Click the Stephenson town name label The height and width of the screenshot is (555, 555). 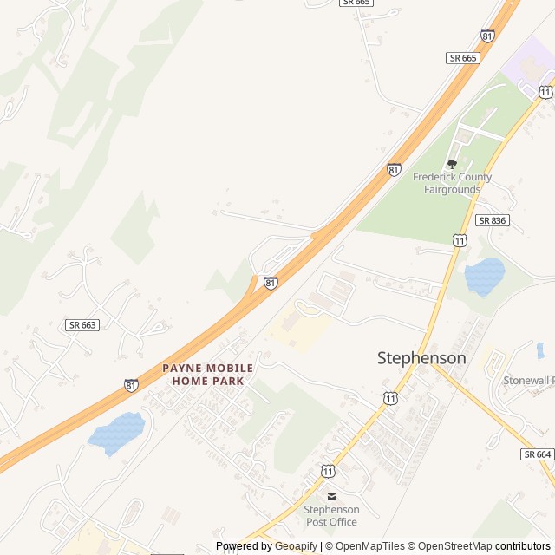(x=421, y=357)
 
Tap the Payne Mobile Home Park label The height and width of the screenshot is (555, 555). (x=208, y=375)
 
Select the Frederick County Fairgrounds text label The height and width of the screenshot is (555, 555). (x=452, y=183)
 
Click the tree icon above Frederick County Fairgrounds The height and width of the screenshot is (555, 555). (x=452, y=164)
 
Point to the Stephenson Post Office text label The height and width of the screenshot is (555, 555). (x=330, y=516)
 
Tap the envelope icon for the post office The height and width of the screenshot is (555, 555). (x=330, y=496)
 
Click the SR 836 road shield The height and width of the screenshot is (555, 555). (x=492, y=220)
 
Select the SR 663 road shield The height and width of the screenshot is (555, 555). (x=82, y=324)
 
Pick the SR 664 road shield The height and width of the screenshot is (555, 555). (x=538, y=454)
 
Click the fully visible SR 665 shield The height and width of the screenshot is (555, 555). (x=463, y=57)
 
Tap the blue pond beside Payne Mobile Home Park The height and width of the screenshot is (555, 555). (x=116, y=434)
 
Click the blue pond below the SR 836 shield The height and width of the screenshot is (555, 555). (x=485, y=277)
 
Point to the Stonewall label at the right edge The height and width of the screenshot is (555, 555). (x=528, y=380)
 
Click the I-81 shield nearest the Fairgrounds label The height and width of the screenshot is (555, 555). (x=395, y=170)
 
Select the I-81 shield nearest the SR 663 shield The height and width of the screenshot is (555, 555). (x=131, y=384)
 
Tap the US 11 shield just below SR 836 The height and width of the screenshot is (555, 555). (x=460, y=239)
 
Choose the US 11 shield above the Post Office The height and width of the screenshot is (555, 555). (x=327, y=470)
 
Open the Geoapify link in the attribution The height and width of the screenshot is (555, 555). (x=296, y=546)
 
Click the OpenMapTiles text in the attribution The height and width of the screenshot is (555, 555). (x=371, y=546)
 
